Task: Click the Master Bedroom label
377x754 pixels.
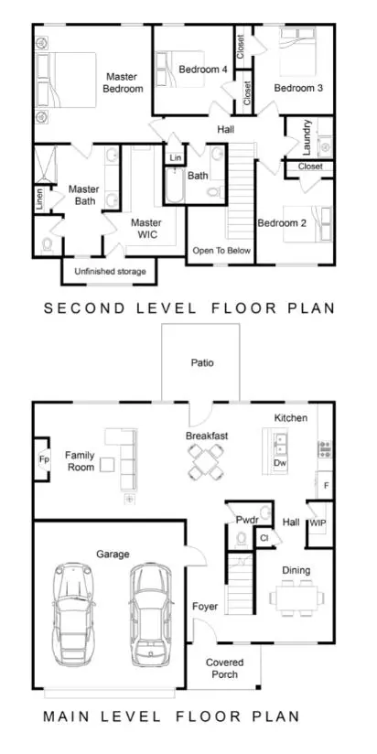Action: (124, 82)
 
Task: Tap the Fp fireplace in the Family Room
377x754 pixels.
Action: (43, 459)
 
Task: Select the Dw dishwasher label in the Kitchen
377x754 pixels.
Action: (280, 463)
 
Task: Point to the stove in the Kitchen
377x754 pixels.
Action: (325, 448)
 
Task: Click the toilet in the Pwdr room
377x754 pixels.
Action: (242, 539)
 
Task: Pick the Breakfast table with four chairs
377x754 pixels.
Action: (206, 461)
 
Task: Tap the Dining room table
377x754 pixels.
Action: (296, 598)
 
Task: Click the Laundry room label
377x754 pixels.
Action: (307, 137)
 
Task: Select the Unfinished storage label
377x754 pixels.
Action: (110, 272)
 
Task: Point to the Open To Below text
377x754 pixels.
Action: (221, 251)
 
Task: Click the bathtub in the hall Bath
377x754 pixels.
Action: (174, 185)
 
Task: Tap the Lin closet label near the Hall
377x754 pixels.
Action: (176, 157)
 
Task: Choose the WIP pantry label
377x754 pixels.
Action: (318, 522)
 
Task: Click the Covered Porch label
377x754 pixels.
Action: (224, 668)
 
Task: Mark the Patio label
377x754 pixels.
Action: (202, 362)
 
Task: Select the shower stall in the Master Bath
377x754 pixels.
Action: (46, 165)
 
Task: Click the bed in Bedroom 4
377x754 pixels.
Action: (180, 70)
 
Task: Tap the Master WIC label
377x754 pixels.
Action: (146, 229)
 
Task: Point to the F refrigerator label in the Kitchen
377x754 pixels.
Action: (326, 485)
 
